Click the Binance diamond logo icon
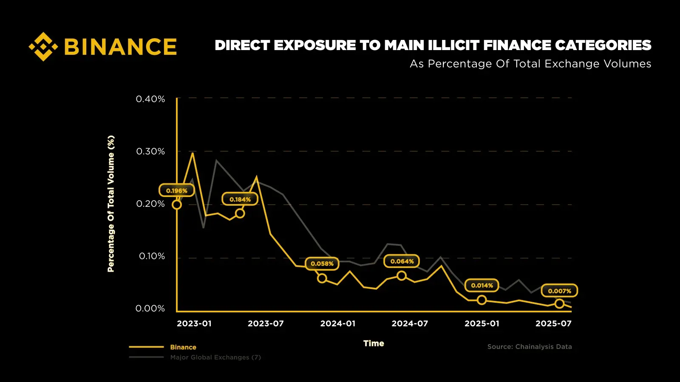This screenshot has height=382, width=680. (x=43, y=46)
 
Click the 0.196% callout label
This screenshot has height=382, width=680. (x=177, y=191)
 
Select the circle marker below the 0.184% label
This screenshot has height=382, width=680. (x=240, y=213)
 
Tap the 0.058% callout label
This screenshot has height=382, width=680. (x=322, y=264)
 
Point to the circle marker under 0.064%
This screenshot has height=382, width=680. (x=401, y=276)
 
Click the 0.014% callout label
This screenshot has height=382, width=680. (x=482, y=286)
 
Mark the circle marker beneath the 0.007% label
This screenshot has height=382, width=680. (x=559, y=303)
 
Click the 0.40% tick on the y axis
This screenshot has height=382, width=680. (x=150, y=99)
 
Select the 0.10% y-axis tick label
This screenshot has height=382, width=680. (x=152, y=256)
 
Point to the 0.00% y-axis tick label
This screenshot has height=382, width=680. (x=150, y=309)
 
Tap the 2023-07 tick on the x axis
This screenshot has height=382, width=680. (x=266, y=323)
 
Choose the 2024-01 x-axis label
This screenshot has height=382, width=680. (x=338, y=323)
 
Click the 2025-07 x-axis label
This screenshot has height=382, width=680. (x=553, y=323)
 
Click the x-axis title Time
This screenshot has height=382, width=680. (x=374, y=343)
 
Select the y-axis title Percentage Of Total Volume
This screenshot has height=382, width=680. (x=111, y=204)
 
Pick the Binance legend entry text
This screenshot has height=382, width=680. (x=183, y=347)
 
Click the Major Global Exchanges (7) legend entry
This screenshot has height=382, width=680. (x=215, y=357)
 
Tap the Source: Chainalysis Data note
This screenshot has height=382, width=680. (x=530, y=347)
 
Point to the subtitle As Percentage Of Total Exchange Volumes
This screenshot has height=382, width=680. (x=530, y=64)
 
